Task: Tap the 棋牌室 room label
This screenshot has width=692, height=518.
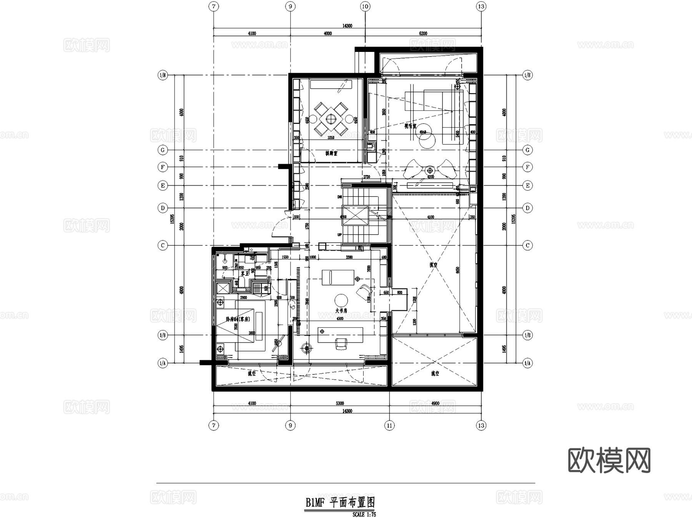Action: pos(331,153)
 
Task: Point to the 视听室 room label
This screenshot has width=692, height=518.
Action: pos(410,126)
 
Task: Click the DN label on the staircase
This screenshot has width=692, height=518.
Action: pos(339,197)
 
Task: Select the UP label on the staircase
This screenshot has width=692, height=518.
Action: pos(339,235)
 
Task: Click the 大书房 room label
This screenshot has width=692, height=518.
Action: pos(341,310)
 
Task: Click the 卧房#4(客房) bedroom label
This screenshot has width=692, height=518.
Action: pos(238,319)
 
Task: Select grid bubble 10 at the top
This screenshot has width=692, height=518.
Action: pos(365,6)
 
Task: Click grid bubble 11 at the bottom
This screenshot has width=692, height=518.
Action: pos(389,425)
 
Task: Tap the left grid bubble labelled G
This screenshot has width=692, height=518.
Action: pos(163,150)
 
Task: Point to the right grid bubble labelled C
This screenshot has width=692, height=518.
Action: pos(527,245)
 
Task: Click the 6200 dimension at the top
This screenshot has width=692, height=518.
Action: pos(423,33)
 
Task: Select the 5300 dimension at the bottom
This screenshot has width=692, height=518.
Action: pos(340,403)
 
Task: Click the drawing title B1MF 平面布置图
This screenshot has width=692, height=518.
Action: pos(340,502)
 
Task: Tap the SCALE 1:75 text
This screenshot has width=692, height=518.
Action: pos(364,515)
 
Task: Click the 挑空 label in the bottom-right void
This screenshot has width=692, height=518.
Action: pos(435,373)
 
